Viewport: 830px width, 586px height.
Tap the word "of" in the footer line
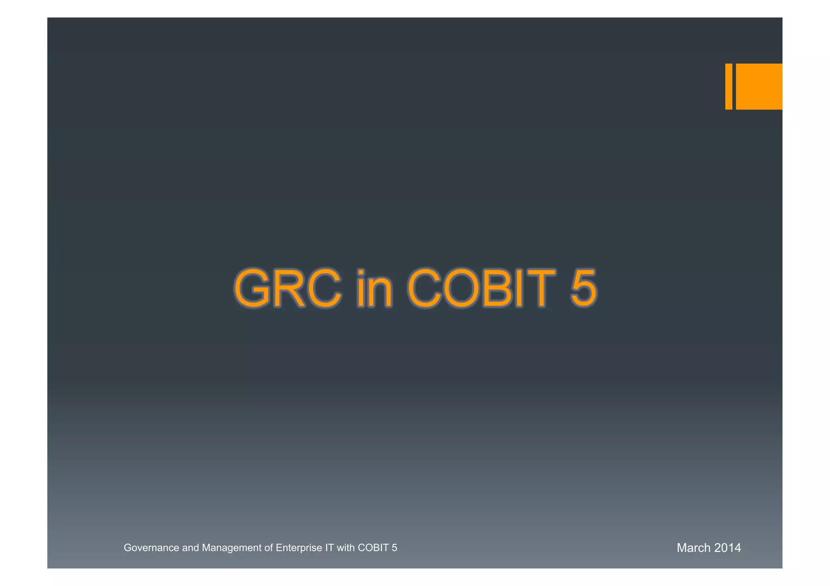tap(269, 548)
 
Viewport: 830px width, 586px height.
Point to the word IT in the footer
tap(329, 548)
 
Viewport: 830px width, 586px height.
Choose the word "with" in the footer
tap(346, 548)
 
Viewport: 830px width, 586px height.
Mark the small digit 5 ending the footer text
tap(394, 548)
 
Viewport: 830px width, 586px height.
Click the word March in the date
tap(693, 548)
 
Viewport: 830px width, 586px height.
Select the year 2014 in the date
tap(727, 548)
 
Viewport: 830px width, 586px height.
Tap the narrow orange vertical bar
tap(728, 86)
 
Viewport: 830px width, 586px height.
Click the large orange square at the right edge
tap(759, 86)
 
